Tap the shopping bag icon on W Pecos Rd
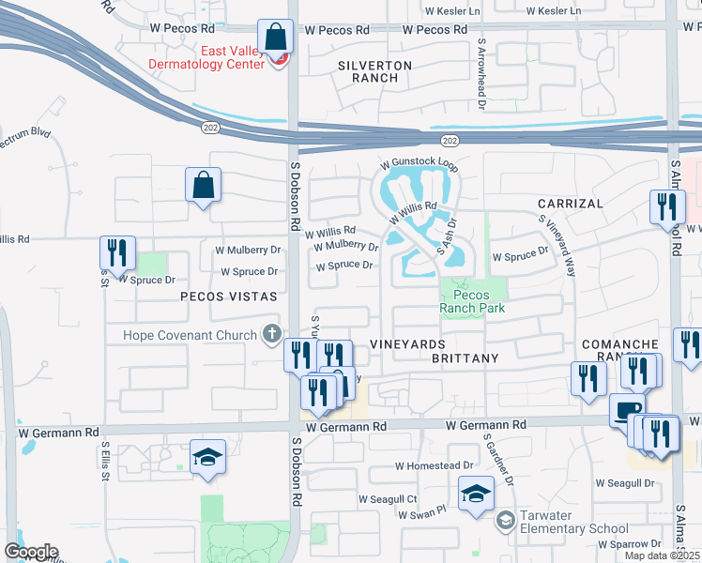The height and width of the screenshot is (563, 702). [x=276, y=38]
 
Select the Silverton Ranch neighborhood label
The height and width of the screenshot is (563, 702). [x=374, y=71]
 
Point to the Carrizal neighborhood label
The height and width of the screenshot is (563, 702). [x=570, y=203]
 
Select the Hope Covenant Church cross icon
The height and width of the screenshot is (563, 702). [x=271, y=333]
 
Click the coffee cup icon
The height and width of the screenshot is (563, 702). [x=627, y=411]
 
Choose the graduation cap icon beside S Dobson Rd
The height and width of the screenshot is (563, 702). [x=208, y=457]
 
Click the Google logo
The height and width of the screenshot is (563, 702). [x=31, y=552]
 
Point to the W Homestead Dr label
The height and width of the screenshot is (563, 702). [x=434, y=465]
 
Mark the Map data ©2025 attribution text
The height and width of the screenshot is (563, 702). [x=662, y=555]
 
